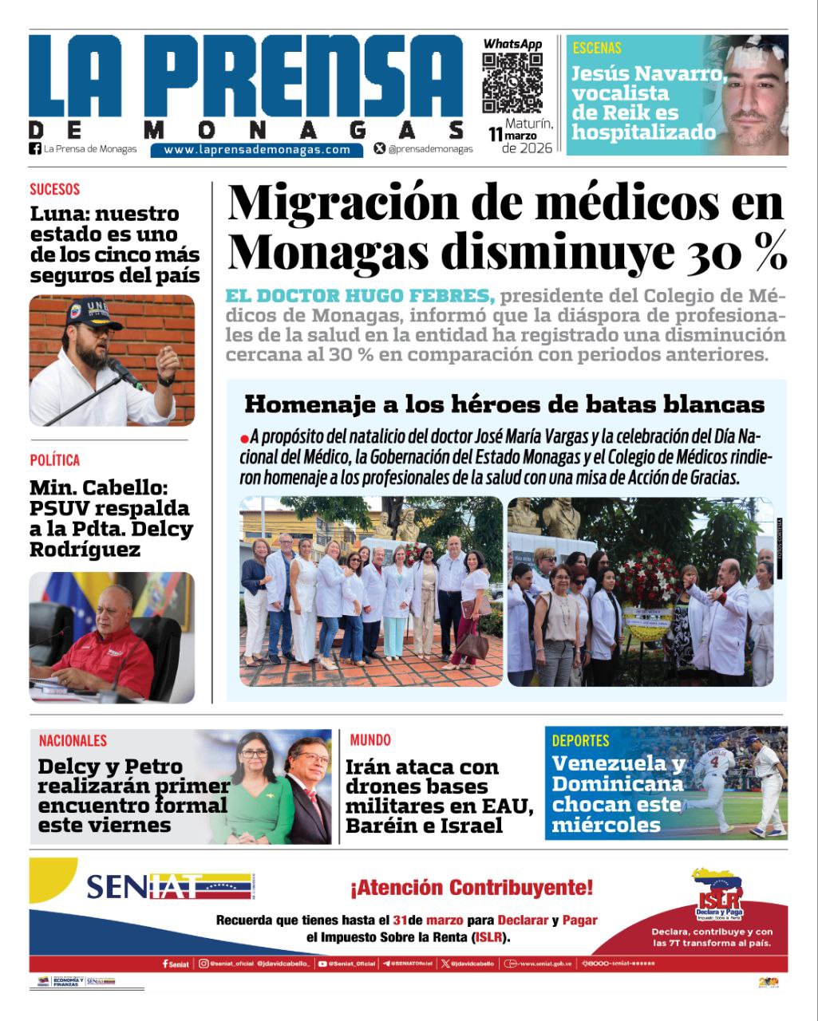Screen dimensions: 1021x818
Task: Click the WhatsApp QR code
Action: click(x=512, y=83)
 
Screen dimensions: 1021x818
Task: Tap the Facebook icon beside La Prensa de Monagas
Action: click(x=35, y=148)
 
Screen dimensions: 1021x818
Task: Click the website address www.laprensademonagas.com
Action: click(x=257, y=149)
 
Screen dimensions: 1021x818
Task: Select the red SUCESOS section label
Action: click(x=55, y=190)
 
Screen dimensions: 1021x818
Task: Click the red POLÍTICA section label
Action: click(x=55, y=460)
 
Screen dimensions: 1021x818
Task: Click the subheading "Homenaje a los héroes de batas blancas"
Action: click(x=504, y=404)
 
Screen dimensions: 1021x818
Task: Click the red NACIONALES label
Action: click(x=73, y=741)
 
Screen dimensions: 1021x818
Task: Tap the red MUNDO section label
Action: click(x=370, y=741)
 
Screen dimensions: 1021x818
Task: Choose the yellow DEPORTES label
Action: click(x=580, y=741)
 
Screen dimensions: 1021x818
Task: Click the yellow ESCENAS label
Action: click(x=597, y=48)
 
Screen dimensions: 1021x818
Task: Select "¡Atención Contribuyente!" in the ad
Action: click(x=471, y=887)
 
